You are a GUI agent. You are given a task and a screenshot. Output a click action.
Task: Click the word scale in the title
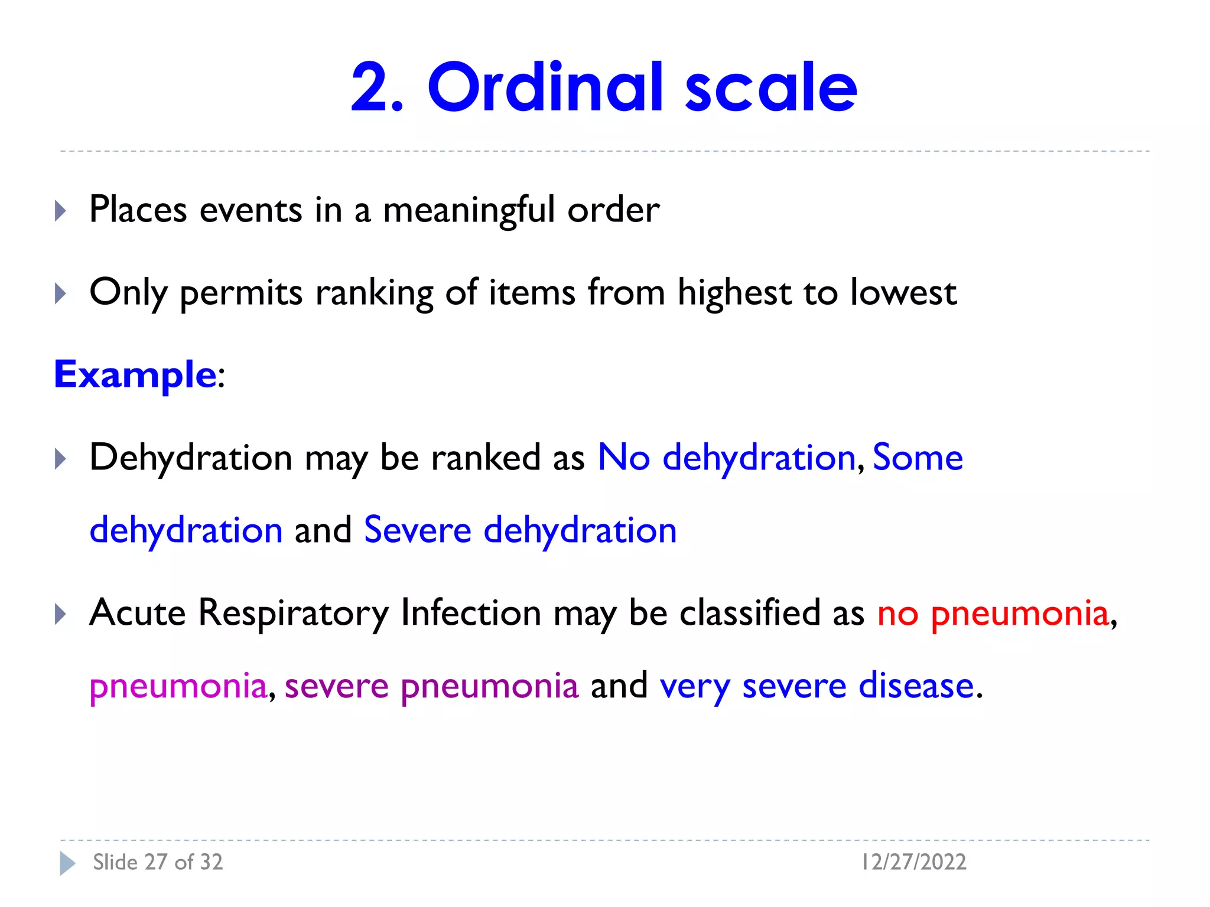tap(771, 89)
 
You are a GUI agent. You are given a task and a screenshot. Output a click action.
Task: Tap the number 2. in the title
tap(377, 89)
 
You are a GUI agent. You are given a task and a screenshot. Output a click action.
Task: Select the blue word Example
tap(135, 374)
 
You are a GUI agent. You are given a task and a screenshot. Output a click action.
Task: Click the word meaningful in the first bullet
tap(469, 210)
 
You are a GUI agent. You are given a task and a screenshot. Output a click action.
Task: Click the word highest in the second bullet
tap(734, 293)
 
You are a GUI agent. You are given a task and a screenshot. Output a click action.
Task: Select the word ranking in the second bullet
tap(375, 293)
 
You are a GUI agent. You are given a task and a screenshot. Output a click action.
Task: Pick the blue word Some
tap(918, 458)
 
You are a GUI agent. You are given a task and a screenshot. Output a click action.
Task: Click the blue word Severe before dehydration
tap(417, 530)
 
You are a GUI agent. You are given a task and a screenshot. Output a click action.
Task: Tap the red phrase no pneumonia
tap(993, 614)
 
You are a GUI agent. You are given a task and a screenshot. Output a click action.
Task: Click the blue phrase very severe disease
tap(817, 686)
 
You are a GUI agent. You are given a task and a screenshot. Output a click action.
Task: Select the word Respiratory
tap(293, 614)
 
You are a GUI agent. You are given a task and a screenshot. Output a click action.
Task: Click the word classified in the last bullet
tap(749, 613)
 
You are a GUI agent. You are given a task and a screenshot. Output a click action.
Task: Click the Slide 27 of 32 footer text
tap(158, 862)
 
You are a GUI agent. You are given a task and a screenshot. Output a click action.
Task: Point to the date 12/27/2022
tap(913, 862)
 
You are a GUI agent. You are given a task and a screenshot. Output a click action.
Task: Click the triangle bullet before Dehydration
tap(60, 459)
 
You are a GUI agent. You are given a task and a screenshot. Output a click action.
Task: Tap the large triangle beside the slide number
tap(67, 863)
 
